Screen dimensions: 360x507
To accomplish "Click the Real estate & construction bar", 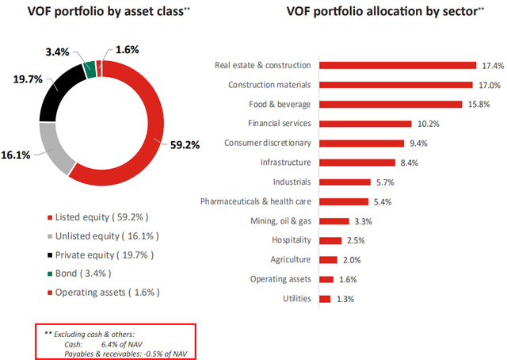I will (x=396, y=65).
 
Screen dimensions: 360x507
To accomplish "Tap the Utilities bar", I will (x=324, y=299).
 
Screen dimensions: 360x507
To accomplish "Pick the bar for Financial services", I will (x=364, y=124).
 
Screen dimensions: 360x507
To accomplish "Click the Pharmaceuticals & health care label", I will (x=256, y=201).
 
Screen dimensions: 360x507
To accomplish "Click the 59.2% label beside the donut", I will (x=185, y=144).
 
